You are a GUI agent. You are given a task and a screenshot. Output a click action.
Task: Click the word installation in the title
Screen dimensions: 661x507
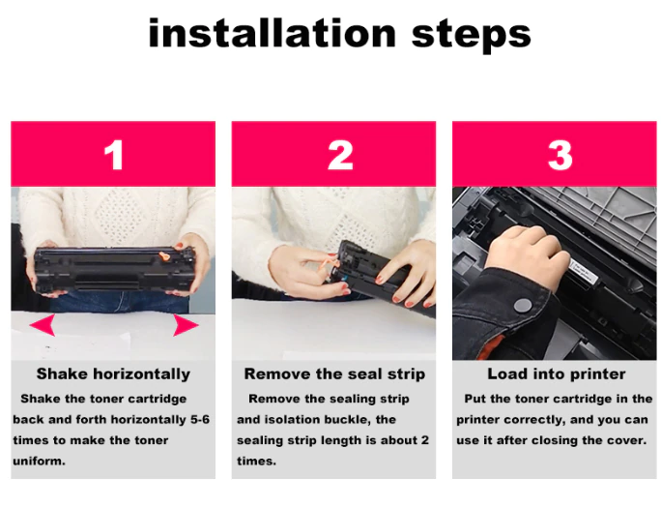(273, 33)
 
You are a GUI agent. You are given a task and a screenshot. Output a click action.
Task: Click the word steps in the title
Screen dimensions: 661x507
(471, 36)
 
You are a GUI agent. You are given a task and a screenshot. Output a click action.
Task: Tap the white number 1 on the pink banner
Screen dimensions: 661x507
(114, 155)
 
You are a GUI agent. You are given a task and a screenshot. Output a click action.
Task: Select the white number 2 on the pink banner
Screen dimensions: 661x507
(340, 155)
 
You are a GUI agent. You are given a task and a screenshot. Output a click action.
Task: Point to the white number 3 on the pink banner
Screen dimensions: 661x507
(560, 155)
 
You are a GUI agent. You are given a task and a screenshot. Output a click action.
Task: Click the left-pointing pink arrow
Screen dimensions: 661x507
(43, 324)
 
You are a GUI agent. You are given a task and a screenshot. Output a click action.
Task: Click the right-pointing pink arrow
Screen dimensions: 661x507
(186, 325)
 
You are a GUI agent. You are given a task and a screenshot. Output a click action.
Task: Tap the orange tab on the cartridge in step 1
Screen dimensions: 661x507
(163, 255)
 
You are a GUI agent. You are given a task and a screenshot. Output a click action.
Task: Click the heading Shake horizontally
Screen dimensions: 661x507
(113, 374)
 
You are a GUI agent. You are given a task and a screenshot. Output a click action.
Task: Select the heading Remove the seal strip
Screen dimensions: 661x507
(334, 374)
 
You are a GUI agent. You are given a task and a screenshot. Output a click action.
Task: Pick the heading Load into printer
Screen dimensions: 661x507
(557, 374)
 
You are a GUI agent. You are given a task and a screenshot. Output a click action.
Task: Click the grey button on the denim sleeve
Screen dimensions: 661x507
(523, 305)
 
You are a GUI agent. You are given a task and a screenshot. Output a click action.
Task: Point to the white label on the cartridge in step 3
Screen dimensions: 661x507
(584, 272)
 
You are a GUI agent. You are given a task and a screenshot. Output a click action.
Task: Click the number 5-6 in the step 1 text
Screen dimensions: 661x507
(200, 420)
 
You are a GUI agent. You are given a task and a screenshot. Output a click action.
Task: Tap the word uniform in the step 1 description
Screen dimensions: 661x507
(39, 461)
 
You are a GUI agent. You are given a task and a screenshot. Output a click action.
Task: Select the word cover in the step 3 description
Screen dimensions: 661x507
(626, 440)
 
